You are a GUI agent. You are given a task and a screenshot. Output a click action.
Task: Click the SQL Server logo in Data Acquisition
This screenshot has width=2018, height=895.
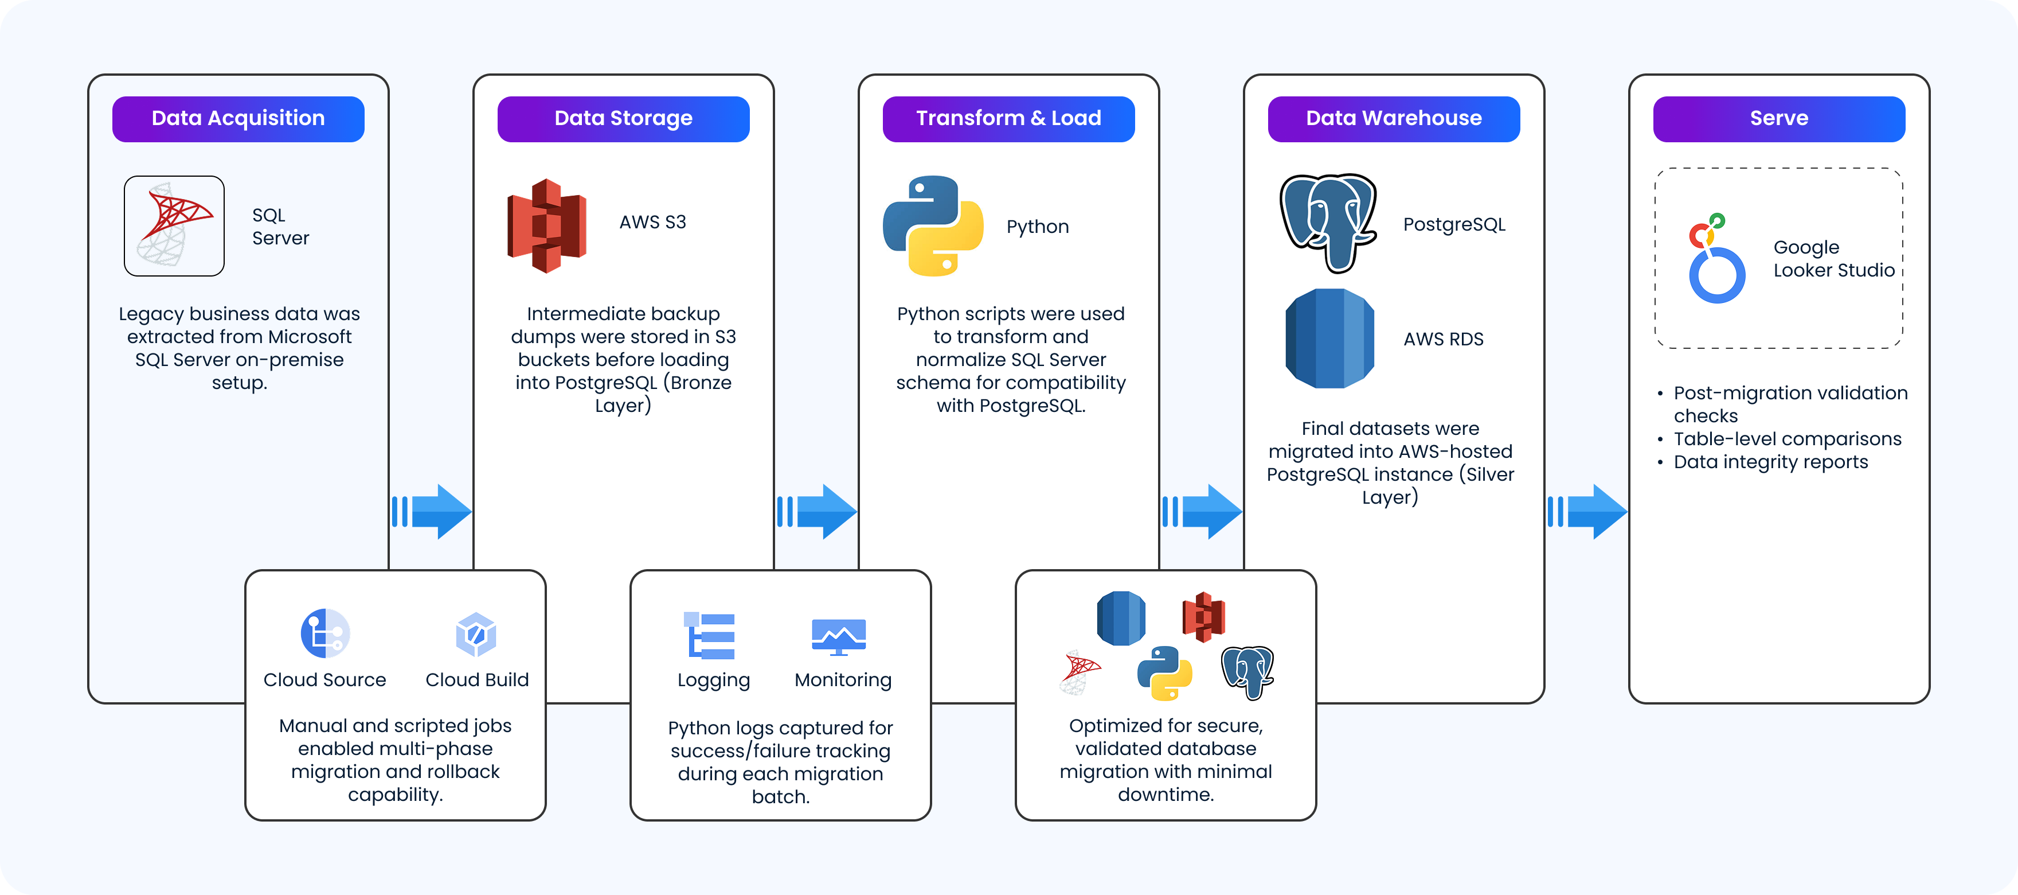[x=174, y=225]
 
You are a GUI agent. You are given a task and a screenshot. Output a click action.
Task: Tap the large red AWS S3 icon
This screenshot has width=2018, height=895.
[x=547, y=225]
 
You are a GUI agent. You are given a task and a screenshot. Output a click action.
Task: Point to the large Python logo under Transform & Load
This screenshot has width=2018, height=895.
[x=932, y=225]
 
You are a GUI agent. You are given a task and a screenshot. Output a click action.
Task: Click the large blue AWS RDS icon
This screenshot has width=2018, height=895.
[x=1329, y=338]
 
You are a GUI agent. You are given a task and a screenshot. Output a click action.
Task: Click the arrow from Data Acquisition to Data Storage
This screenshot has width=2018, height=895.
[x=432, y=512]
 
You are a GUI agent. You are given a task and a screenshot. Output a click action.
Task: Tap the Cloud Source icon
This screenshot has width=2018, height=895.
[x=325, y=633]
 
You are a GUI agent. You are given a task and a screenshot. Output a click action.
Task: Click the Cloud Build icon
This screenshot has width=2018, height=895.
[x=476, y=634]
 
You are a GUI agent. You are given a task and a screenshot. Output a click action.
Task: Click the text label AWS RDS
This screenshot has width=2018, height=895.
[x=1443, y=339]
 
